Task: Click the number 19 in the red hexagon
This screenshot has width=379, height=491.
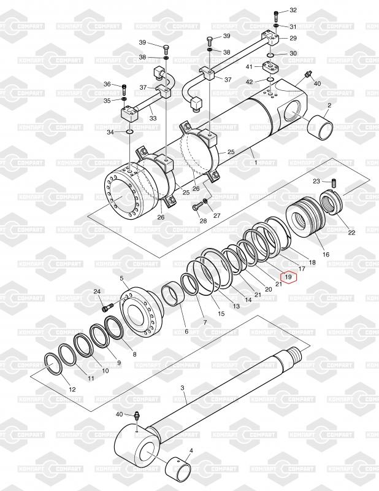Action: coord(288,277)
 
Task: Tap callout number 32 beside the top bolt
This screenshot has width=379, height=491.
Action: coord(293,10)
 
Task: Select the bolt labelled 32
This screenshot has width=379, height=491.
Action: coord(276,14)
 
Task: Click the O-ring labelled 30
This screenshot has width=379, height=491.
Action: coord(270,55)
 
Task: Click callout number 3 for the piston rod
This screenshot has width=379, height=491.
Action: coord(183,388)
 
